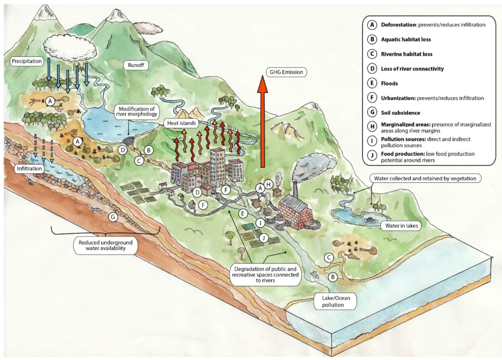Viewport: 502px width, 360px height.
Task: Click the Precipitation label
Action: (27, 61)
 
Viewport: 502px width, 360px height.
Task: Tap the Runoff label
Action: (136, 65)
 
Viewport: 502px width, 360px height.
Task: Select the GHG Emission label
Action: (286, 72)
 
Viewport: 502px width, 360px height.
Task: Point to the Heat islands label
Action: (181, 123)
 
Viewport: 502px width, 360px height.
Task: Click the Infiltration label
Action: (29, 169)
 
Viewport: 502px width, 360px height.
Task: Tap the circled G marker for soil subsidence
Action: (113, 217)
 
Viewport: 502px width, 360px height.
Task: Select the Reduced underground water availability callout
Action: (106, 245)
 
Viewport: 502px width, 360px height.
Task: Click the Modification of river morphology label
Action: (137, 111)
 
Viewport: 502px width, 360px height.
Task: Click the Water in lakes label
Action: (401, 226)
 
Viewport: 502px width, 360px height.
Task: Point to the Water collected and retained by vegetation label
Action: (425, 178)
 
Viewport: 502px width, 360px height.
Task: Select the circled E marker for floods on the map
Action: (243, 214)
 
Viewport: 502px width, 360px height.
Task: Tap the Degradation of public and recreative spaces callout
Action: (265, 275)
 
